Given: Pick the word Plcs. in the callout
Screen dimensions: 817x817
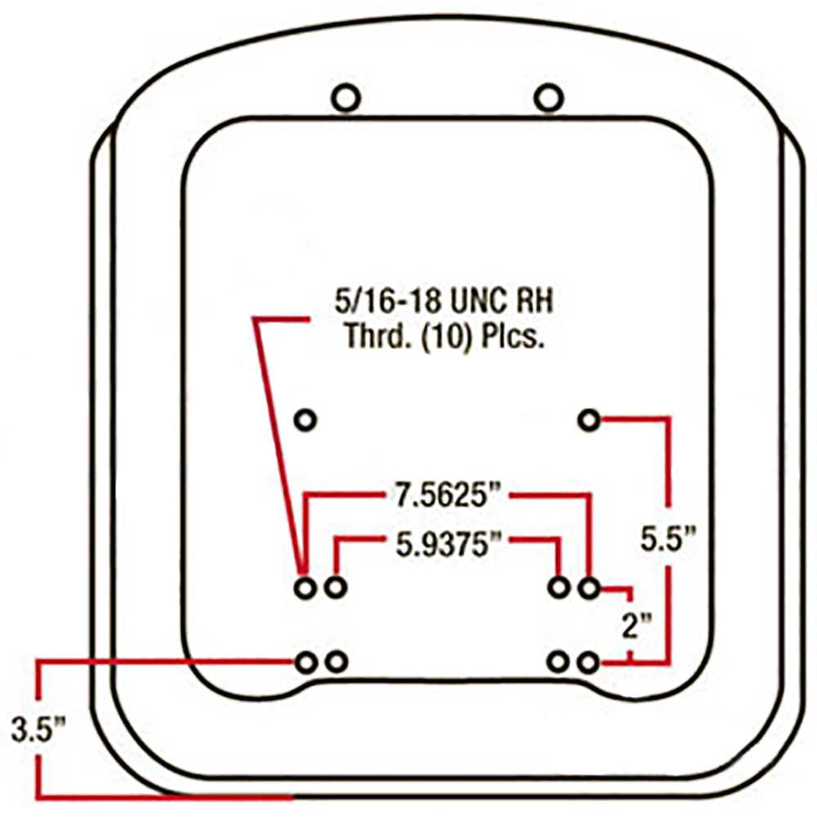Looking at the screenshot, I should [x=516, y=336].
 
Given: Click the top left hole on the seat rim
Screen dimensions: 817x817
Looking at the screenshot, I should [x=346, y=99].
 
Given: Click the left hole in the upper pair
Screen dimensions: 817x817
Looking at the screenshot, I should [x=306, y=420].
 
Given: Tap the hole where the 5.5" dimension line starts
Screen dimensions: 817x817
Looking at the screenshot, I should [x=589, y=421].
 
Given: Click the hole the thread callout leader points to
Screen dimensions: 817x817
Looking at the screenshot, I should [x=306, y=587].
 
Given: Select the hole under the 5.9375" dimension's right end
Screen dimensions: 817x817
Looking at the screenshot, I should [x=560, y=587].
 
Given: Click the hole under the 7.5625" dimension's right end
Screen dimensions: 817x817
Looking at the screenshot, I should [x=589, y=587].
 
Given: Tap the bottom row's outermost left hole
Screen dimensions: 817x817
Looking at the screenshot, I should [x=306, y=662].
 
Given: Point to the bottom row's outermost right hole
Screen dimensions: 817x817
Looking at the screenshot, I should [x=589, y=662].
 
